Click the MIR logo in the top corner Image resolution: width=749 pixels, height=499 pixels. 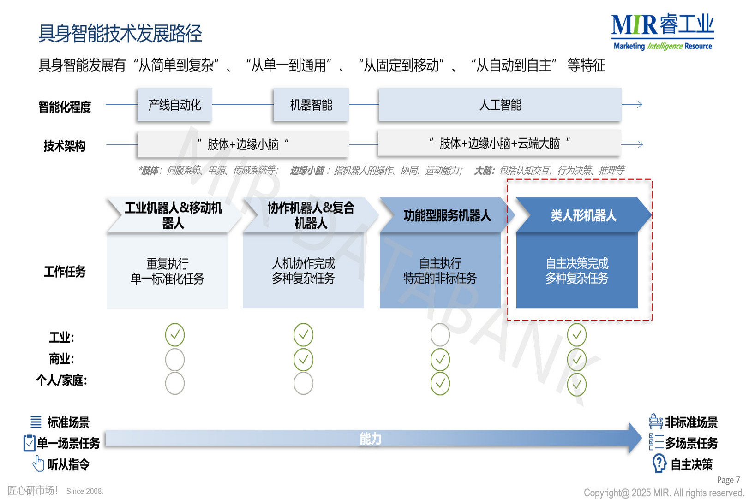click(662, 31)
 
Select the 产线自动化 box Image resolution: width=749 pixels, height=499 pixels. click(174, 105)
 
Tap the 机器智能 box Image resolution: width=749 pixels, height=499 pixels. click(311, 105)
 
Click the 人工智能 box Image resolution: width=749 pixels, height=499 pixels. click(500, 105)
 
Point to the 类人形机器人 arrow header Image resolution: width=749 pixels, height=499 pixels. click(583, 215)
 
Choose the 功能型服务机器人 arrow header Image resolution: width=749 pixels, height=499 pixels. click(446, 215)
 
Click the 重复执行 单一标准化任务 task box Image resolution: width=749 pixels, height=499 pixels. click(167, 271)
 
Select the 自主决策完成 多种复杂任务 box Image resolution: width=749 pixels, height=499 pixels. click(576, 271)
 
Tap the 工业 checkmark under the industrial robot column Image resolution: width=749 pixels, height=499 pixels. click(175, 335)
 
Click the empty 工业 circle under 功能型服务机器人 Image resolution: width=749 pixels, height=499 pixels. click(440, 335)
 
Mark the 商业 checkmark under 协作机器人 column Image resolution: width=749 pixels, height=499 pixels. click(303, 359)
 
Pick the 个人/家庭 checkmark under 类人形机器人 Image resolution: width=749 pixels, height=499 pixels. click(577, 384)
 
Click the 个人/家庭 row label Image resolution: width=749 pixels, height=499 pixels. click(62, 380)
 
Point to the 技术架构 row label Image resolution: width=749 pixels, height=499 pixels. click(65, 146)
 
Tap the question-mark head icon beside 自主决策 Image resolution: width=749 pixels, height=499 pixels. click(659, 463)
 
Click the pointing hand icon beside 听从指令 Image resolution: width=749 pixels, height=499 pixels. click(39, 463)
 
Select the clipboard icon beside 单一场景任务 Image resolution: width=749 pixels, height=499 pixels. click(29, 443)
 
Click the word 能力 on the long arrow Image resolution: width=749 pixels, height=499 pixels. click(370, 439)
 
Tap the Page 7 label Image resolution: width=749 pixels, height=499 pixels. click(728, 480)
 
